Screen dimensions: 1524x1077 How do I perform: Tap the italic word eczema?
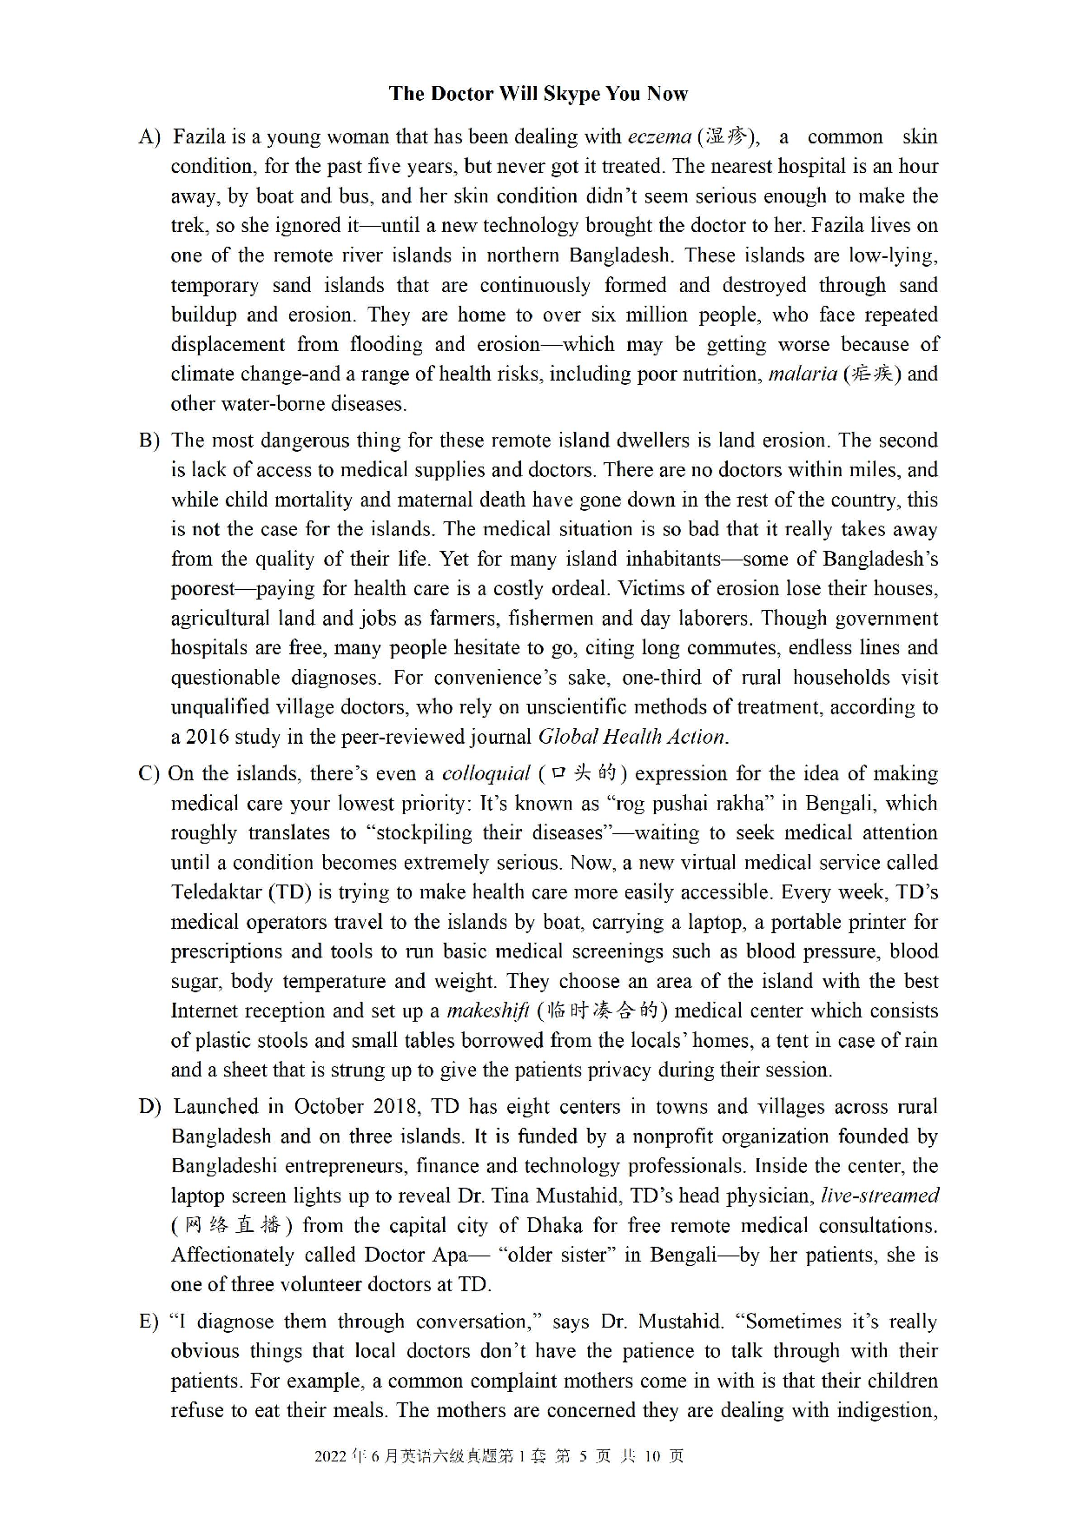[x=659, y=137]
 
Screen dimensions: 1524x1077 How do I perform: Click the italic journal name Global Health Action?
[x=631, y=737]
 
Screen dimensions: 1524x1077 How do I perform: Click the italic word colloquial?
[x=486, y=774]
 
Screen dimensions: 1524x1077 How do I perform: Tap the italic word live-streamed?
[x=879, y=1196]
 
